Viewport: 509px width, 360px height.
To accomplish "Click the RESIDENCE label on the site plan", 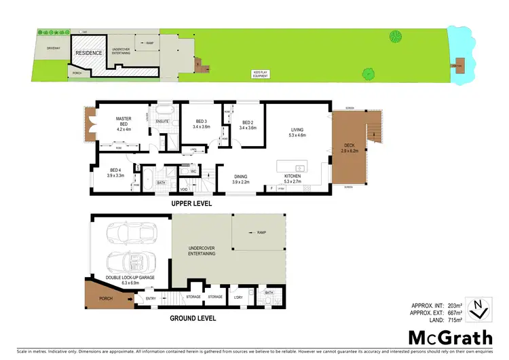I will click(x=89, y=53).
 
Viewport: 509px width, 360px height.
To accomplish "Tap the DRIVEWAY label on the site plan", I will click(x=54, y=49).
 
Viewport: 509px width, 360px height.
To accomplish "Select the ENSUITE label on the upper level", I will click(x=162, y=122).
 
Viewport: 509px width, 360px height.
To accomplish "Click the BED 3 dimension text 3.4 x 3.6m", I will click(x=202, y=127).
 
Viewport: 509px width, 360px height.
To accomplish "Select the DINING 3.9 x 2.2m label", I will click(x=242, y=179).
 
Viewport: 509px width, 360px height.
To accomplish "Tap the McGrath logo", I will click(x=450, y=338).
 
